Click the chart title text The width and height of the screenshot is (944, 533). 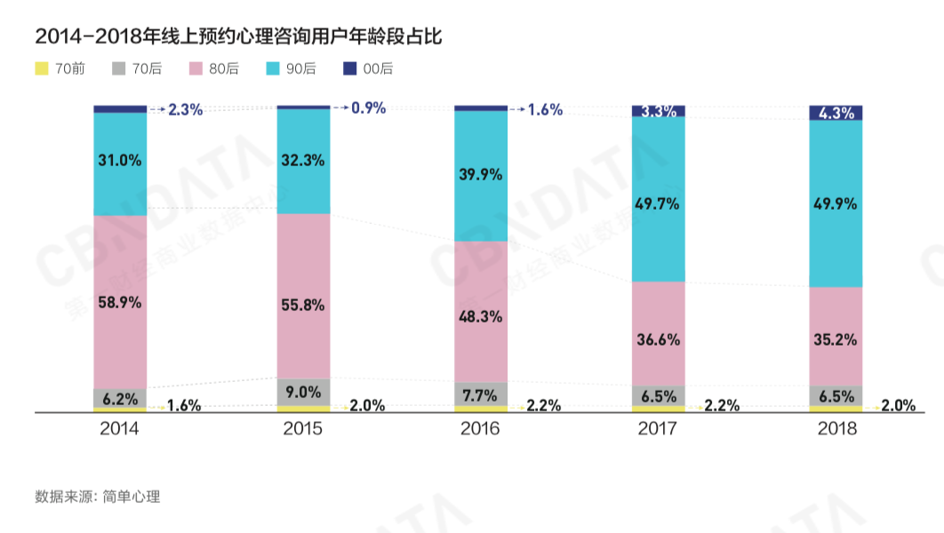coord(238,36)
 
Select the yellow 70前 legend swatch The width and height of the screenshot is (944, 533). coord(41,68)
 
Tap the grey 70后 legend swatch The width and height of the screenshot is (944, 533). coord(118,68)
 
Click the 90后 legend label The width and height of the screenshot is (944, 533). coord(301,68)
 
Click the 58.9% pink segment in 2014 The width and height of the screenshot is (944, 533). coord(120,302)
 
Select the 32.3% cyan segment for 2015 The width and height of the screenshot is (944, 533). coord(303,161)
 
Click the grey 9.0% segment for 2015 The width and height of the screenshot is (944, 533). coord(303,392)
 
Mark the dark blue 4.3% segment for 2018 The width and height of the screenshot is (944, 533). coord(836,113)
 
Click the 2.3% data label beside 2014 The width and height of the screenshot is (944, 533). coord(185,109)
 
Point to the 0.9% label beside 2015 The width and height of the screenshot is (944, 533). coord(368,108)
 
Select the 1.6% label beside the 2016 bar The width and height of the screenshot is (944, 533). coord(545,109)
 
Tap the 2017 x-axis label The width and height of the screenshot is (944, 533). coord(658,428)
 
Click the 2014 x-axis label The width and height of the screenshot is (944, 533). coord(119,428)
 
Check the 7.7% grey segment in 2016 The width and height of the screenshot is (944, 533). coord(481,394)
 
